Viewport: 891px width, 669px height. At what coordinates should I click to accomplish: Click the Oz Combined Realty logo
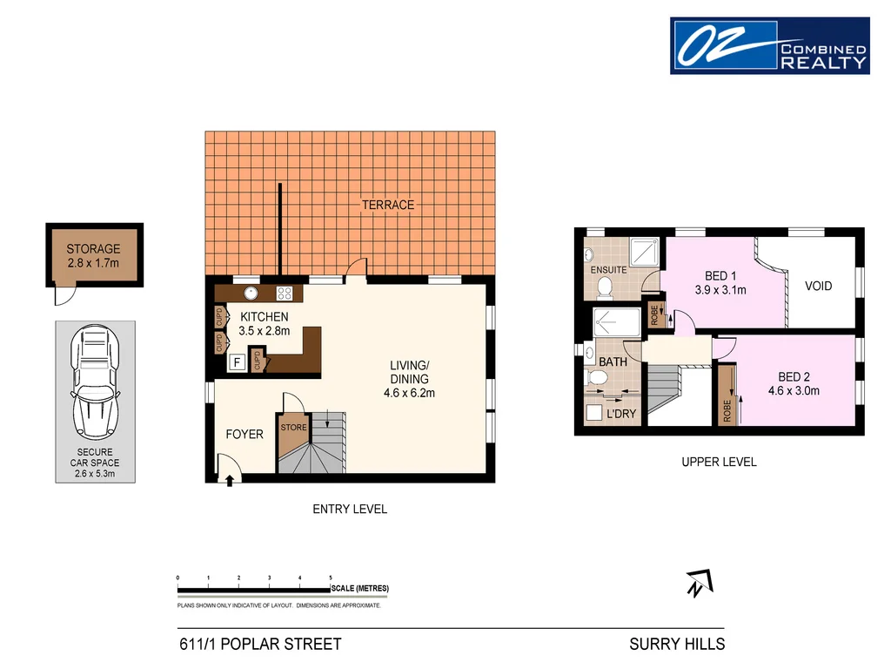pyautogui.click(x=769, y=45)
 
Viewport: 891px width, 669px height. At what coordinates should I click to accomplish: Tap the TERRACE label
pyautogui.click(x=388, y=205)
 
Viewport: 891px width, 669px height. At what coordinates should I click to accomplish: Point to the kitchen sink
pyautogui.click(x=251, y=294)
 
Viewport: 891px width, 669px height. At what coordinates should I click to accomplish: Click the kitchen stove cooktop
pyautogui.click(x=284, y=294)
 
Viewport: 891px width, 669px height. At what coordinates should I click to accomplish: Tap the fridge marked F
pyautogui.click(x=235, y=362)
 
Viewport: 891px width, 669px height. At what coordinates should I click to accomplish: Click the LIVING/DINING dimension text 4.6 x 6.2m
pyautogui.click(x=409, y=393)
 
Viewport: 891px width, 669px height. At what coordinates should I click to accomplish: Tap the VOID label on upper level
pyautogui.click(x=818, y=285)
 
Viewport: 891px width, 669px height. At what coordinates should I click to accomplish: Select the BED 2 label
pyautogui.click(x=794, y=377)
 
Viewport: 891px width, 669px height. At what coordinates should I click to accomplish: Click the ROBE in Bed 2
pyautogui.click(x=727, y=397)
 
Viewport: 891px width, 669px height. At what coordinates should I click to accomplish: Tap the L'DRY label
pyautogui.click(x=620, y=414)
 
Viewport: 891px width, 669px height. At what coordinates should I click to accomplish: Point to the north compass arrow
pyautogui.click(x=698, y=583)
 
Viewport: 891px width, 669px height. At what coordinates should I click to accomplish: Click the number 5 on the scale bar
pyautogui.click(x=331, y=578)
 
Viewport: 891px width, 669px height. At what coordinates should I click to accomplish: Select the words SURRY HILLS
pyautogui.click(x=677, y=645)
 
